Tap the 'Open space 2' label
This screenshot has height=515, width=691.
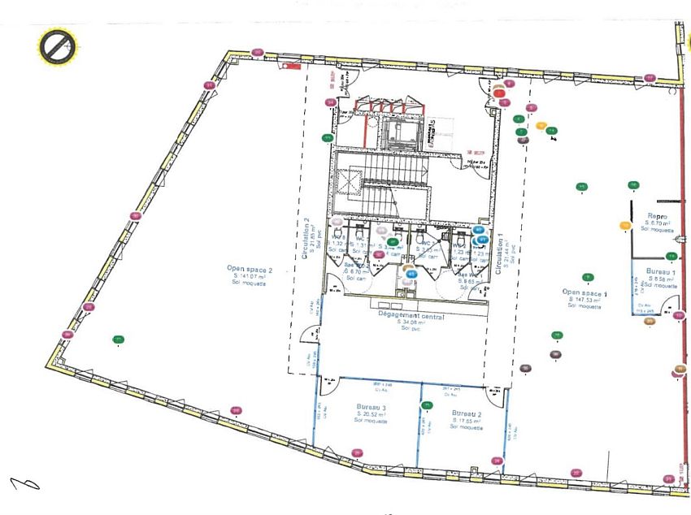pos(250,269)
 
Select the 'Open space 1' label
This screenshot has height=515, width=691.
pos(585,292)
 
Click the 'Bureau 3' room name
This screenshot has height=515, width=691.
pos(371,407)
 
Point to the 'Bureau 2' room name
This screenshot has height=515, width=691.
pos(467,413)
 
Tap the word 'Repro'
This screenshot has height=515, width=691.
pos(657,217)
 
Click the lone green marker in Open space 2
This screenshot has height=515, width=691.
pos(119,340)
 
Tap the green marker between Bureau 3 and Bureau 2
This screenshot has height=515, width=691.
pos(425,405)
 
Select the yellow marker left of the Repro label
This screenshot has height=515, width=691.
pos(625,225)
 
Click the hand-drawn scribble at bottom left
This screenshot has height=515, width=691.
pos(24,484)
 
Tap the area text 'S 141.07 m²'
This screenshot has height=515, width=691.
pos(250,277)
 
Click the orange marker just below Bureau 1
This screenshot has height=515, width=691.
pos(650,322)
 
